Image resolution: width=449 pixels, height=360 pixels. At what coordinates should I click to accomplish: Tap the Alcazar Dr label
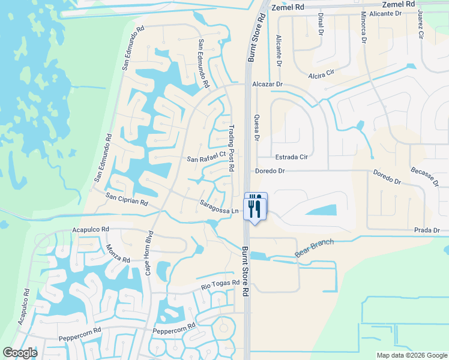(267, 85)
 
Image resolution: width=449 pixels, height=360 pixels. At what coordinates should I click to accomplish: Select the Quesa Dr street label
(256, 128)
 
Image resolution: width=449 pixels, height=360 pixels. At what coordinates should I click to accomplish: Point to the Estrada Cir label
(291, 157)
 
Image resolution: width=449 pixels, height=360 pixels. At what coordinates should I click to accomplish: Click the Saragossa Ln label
(219, 207)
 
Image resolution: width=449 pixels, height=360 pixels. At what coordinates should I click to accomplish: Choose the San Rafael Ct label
(206, 157)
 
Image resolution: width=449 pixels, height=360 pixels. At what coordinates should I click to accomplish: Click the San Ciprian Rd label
(127, 199)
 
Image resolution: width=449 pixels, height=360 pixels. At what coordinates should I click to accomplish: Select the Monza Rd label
(118, 254)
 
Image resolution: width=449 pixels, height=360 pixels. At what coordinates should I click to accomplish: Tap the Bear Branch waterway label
(313, 248)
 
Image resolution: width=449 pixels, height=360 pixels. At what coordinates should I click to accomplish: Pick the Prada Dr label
(427, 230)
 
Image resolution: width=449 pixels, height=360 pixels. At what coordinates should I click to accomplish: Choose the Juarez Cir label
(421, 25)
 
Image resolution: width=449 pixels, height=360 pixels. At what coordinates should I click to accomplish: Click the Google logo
(20, 353)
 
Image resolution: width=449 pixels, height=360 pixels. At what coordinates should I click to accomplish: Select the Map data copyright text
(412, 355)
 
